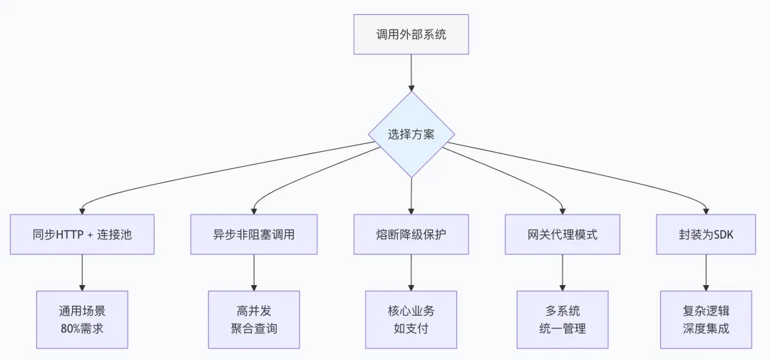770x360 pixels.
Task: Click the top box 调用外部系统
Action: click(x=411, y=34)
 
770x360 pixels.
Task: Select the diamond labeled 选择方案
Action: click(x=411, y=134)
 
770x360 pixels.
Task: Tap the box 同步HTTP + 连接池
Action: click(x=83, y=235)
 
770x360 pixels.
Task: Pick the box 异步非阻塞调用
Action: click(x=254, y=235)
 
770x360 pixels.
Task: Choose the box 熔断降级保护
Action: click(x=411, y=235)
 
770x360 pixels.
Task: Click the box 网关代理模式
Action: click(x=563, y=235)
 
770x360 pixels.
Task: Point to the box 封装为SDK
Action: click(x=706, y=235)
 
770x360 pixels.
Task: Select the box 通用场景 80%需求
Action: click(x=83, y=319)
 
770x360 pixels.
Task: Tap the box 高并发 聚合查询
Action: click(x=254, y=319)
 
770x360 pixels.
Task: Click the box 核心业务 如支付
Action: click(x=411, y=319)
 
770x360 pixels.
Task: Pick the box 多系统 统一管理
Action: click(x=563, y=319)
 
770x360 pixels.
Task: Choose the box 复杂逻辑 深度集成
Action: click(x=706, y=319)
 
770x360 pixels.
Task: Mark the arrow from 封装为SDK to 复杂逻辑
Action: click(x=706, y=272)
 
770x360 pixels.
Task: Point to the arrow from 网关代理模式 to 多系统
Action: click(x=563, y=272)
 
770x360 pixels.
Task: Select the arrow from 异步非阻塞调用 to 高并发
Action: click(x=254, y=272)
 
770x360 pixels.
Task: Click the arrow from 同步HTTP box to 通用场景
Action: click(x=83, y=272)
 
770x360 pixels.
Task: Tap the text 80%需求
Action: click(x=83, y=329)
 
